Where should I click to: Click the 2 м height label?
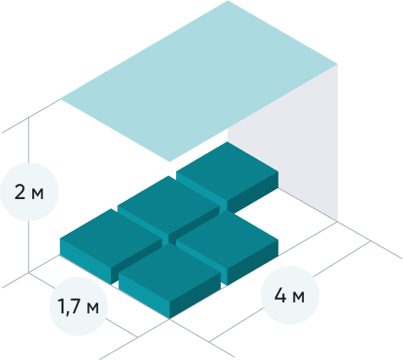(29, 192)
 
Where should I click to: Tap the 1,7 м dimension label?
(78, 307)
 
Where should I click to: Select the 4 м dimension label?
(290, 296)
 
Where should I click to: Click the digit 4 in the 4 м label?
(280, 296)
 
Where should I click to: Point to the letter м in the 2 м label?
(37, 194)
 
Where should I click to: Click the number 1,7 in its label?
(69, 307)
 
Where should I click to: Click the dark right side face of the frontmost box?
(195, 295)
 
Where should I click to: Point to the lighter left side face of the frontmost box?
(144, 295)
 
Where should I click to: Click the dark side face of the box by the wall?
(253, 192)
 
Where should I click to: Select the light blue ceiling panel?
(199, 81)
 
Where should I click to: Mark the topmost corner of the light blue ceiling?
(228, 1)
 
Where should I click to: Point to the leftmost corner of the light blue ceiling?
(61, 99)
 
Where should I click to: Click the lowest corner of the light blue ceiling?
(169, 162)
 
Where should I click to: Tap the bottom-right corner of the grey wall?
(338, 221)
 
